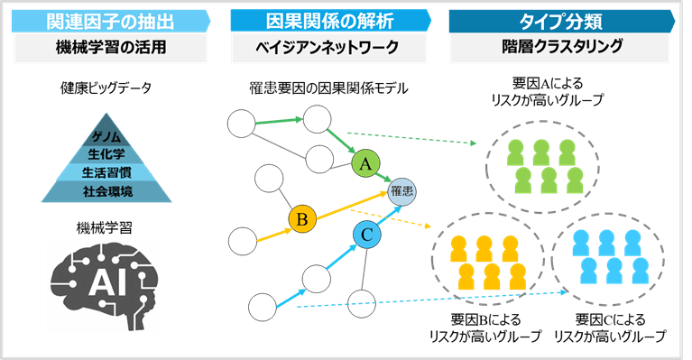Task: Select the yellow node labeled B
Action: click(x=303, y=218)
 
